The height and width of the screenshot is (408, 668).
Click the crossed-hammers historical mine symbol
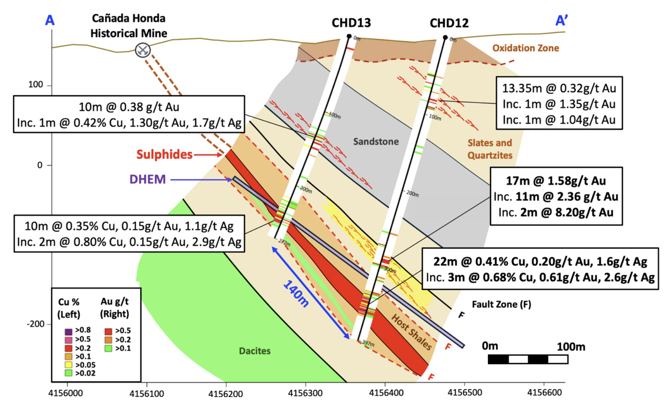click(142, 50)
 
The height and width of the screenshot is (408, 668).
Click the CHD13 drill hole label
click(351, 23)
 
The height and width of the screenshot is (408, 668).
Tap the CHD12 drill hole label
click(449, 23)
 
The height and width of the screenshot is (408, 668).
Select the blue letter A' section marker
click(562, 20)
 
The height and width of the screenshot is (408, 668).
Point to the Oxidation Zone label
click(525, 48)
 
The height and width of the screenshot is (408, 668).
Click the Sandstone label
click(376, 141)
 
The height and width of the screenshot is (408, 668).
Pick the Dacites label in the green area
click(255, 351)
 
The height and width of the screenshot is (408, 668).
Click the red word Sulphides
click(164, 154)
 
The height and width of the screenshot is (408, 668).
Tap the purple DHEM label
click(147, 180)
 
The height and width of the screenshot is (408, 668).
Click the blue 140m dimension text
click(296, 294)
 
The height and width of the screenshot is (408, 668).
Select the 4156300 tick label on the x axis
click(305, 393)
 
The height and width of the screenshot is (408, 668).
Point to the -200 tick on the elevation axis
click(36, 324)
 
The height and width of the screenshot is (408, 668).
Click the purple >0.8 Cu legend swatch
click(69, 332)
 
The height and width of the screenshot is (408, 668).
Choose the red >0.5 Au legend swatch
click(108, 331)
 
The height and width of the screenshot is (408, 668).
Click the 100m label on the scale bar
click(571, 346)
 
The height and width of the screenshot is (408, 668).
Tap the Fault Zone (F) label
click(501, 305)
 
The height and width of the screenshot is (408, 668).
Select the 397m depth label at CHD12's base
click(368, 343)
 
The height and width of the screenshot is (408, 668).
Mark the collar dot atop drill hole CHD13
click(349, 36)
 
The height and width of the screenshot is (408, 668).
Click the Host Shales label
click(411, 332)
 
